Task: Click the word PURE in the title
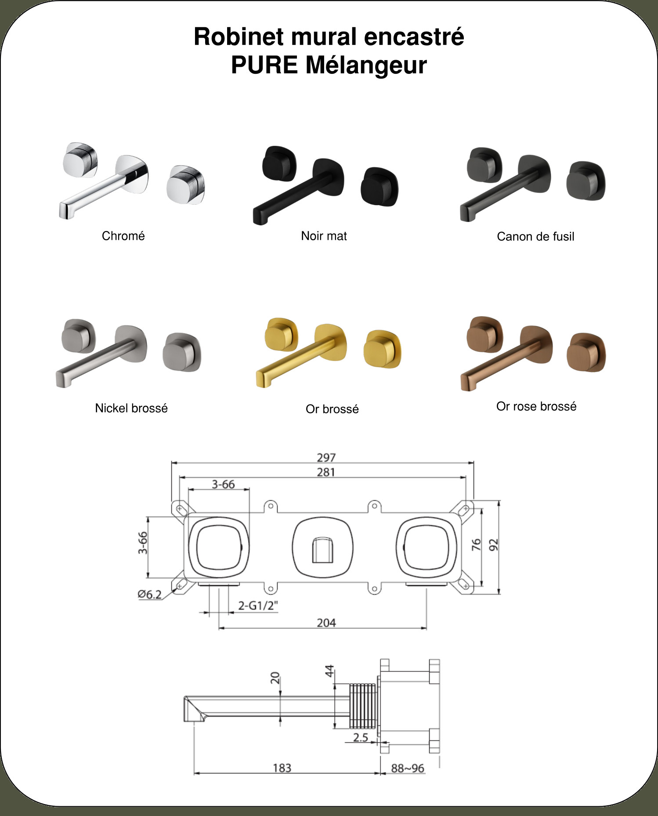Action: (264, 65)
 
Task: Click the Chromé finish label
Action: (123, 236)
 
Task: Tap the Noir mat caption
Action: (324, 236)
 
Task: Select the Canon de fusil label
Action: (535, 237)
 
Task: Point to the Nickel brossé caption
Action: (131, 408)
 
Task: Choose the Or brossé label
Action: (332, 409)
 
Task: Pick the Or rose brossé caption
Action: (536, 406)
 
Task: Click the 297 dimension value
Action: (326, 458)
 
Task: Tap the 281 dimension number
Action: (326, 472)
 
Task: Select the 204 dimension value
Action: (326, 623)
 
